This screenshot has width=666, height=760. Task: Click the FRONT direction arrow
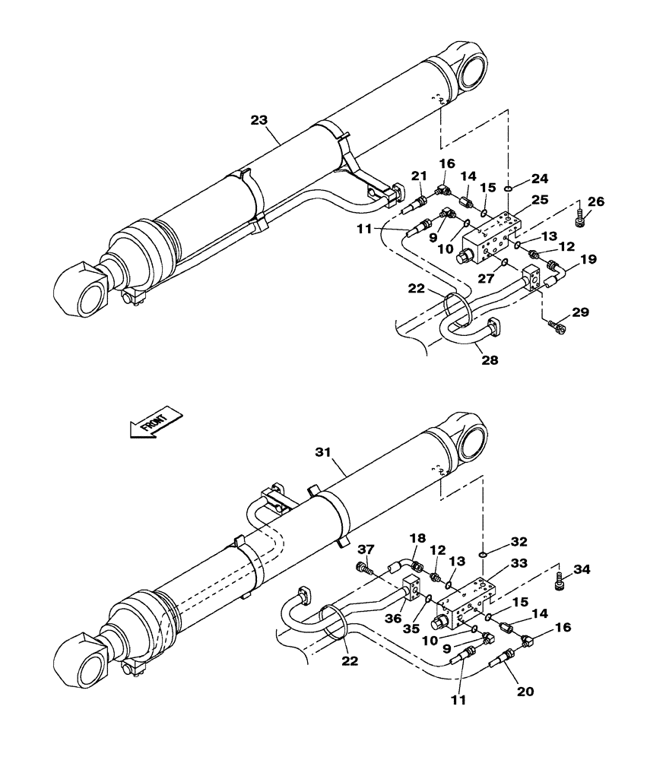pos(156,422)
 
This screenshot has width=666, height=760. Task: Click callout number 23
pos(260,119)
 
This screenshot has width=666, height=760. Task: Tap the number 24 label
pos(539,179)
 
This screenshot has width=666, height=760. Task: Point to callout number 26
pos(597,202)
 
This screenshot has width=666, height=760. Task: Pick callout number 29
pos(581,312)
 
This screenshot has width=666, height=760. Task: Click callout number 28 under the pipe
pos(489,359)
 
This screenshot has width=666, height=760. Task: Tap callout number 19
pos(588,261)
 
